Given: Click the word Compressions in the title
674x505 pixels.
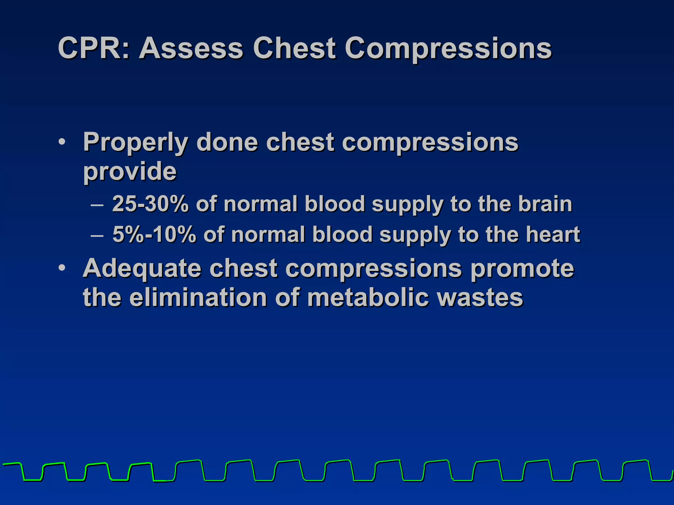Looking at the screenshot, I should coord(448,49).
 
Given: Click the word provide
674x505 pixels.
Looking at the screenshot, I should coord(130,172).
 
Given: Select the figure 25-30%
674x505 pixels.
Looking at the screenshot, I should coord(150,204).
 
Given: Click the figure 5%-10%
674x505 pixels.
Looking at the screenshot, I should coord(154,234).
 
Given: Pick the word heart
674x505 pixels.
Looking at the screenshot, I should coord(553,234).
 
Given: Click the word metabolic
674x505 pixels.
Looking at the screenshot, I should coord(368,298).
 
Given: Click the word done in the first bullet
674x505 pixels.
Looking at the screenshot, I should coord(227,142).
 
